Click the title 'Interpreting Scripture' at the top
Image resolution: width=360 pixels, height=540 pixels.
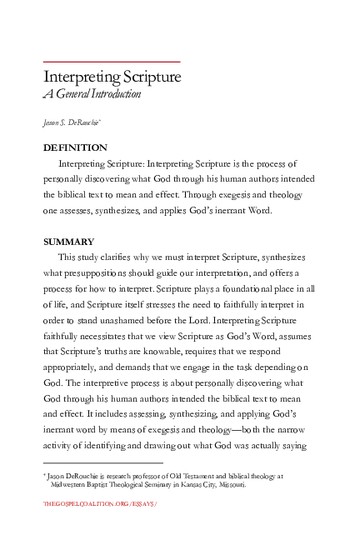(112, 77)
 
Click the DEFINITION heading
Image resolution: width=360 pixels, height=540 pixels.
(75, 147)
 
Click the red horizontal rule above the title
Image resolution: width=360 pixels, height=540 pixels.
(112, 62)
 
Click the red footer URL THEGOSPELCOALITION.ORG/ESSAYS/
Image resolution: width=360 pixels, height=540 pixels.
(100, 505)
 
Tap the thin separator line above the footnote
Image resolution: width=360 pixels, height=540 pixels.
(102, 463)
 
